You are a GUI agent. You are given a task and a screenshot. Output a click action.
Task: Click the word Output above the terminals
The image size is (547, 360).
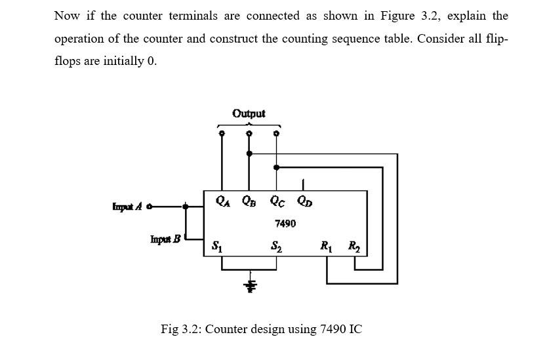coord(249,113)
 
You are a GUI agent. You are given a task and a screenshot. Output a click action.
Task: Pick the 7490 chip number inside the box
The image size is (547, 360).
coord(285,224)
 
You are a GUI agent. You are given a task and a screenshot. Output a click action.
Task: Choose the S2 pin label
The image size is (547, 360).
coord(276,247)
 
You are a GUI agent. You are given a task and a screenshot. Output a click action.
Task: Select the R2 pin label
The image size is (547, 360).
coord(355,247)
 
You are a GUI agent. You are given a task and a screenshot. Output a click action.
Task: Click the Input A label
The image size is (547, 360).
coord(129,207)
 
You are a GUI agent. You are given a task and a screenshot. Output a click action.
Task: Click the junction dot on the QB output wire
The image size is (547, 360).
coord(249,154)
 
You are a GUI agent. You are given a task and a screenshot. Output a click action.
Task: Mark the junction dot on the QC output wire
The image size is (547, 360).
coord(276,167)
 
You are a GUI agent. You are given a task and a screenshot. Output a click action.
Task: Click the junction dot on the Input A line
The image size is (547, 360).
coord(186,207)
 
